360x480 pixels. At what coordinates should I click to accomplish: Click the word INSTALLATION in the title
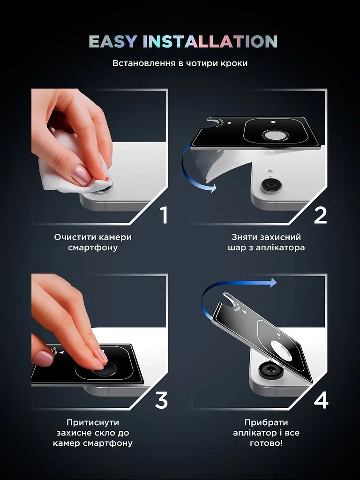(x=210, y=42)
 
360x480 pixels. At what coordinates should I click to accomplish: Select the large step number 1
(x=164, y=215)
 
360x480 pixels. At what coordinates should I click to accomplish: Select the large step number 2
(x=320, y=215)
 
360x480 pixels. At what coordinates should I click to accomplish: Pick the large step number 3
(x=161, y=400)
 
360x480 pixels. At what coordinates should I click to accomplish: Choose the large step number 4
(x=321, y=400)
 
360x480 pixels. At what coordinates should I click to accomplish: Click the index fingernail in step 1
(x=81, y=176)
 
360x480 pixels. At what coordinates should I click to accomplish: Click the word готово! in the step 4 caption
(x=266, y=443)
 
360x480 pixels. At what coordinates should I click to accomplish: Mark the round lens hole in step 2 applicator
(x=274, y=135)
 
